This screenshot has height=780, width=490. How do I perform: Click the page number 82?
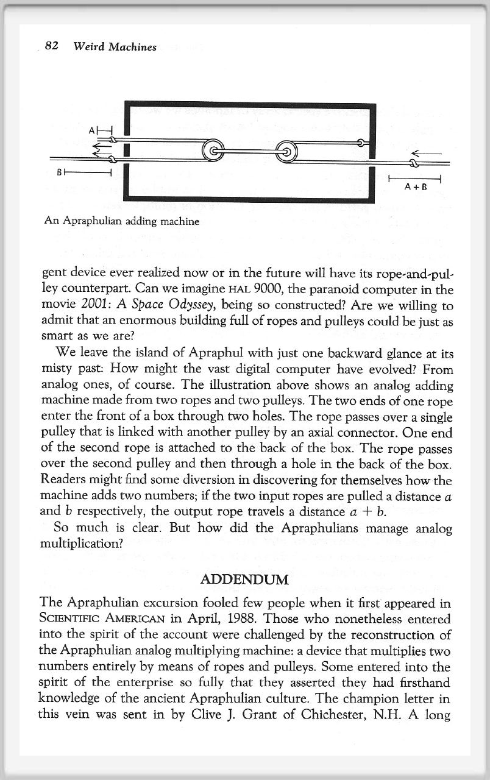click(x=52, y=46)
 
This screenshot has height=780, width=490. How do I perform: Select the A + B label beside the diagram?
click(x=414, y=186)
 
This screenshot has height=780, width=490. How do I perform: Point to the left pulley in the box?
click(x=213, y=149)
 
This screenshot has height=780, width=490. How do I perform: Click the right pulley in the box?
click(x=286, y=149)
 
